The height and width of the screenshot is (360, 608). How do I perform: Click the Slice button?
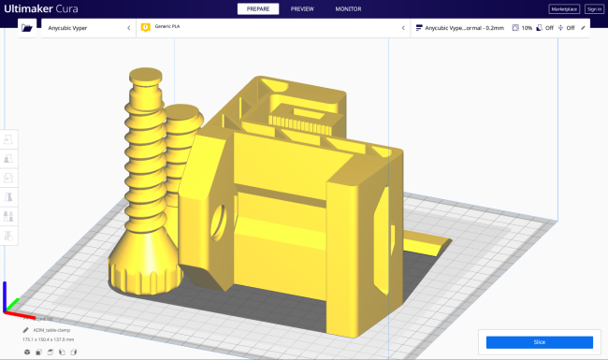[539, 342]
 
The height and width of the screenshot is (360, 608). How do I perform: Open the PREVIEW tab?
[302, 8]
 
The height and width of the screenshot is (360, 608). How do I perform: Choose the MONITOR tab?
[348, 8]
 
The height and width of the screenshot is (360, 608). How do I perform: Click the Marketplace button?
[564, 8]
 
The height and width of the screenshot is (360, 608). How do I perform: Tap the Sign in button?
[594, 8]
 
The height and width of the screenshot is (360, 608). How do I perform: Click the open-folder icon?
[28, 28]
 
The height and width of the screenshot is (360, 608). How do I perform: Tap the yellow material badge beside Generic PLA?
[146, 28]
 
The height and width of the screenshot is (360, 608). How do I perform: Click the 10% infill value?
[526, 28]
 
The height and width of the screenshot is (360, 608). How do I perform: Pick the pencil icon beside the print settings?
[584, 28]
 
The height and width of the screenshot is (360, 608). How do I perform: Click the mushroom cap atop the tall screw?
[146, 79]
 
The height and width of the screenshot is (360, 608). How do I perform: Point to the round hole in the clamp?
[221, 221]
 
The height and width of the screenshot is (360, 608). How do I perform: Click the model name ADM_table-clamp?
[52, 330]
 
